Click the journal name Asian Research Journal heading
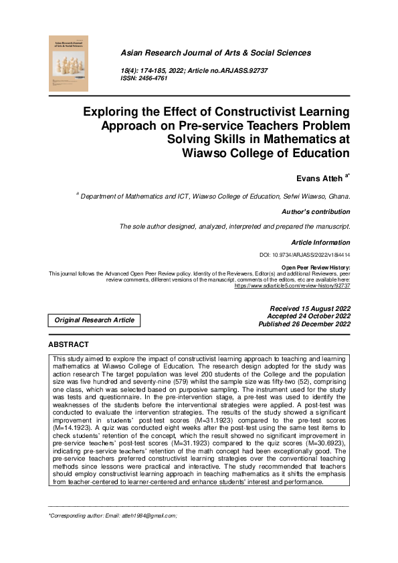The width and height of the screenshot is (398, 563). (x=215, y=52)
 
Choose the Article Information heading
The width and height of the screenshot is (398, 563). (x=320, y=242)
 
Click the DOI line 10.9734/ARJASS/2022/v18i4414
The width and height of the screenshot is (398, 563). (x=304, y=255)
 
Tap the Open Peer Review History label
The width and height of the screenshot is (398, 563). (x=315, y=267)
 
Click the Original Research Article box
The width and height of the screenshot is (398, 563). (x=94, y=320)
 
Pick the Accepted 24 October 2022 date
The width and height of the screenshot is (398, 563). (x=308, y=316)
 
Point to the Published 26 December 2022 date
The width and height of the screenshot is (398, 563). (x=304, y=324)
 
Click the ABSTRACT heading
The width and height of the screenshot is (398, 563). (x=68, y=344)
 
